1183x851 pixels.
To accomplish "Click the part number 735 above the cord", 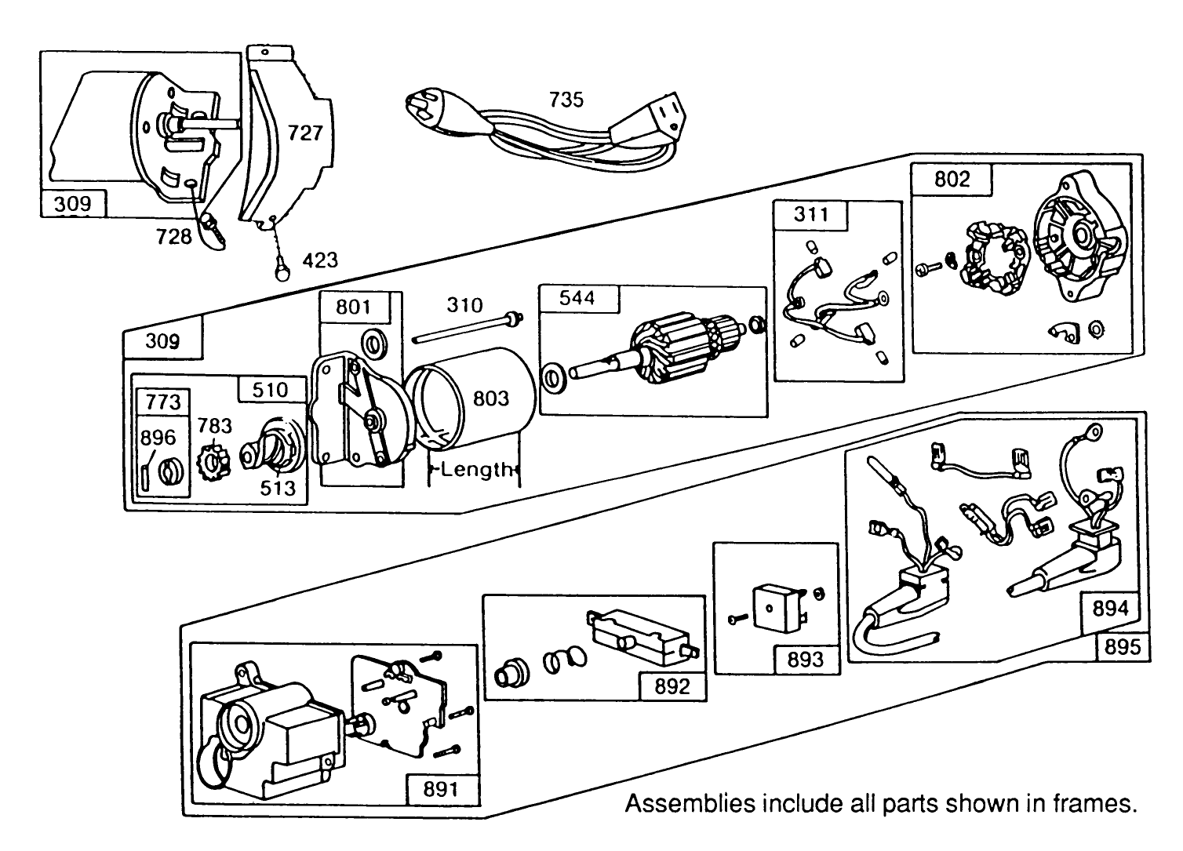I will (x=566, y=100).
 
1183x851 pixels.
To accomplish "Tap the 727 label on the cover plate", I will (x=304, y=133).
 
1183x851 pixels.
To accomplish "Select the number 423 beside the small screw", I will (x=320, y=260).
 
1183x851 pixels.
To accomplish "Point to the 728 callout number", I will (x=173, y=236).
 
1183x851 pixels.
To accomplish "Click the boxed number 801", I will (x=353, y=306).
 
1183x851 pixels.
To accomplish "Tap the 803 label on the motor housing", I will (x=490, y=398).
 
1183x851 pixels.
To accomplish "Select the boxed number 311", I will (x=810, y=214).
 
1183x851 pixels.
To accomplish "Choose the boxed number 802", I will (x=952, y=180).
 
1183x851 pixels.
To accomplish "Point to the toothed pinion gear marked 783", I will (x=213, y=463).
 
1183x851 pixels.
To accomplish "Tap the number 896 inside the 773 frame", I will (x=158, y=438).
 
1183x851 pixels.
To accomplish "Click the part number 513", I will (x=278, y=488).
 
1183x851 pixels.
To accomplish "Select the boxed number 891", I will (x=440, y=788).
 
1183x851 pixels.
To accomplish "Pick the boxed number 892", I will (x=672, y=686).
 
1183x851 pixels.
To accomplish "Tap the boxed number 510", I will (x=270, y=390).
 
